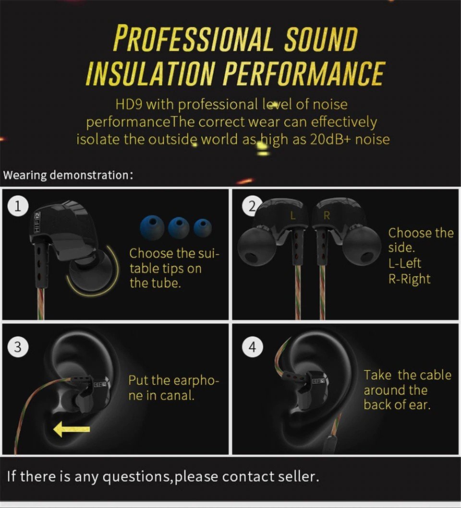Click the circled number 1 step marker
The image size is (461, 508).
point(18,206)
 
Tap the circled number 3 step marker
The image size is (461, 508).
point(18,347)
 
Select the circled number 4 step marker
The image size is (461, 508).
point(253,347)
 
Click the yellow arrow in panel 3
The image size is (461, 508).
point(71,429)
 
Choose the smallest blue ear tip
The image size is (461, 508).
point(203,227)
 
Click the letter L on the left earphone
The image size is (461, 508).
point(293,215)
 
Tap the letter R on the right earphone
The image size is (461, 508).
point(327,215)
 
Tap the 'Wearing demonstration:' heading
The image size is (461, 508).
point(68,175)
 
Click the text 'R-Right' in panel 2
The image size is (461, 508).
point(410,279)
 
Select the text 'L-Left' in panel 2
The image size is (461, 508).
point(404,263)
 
